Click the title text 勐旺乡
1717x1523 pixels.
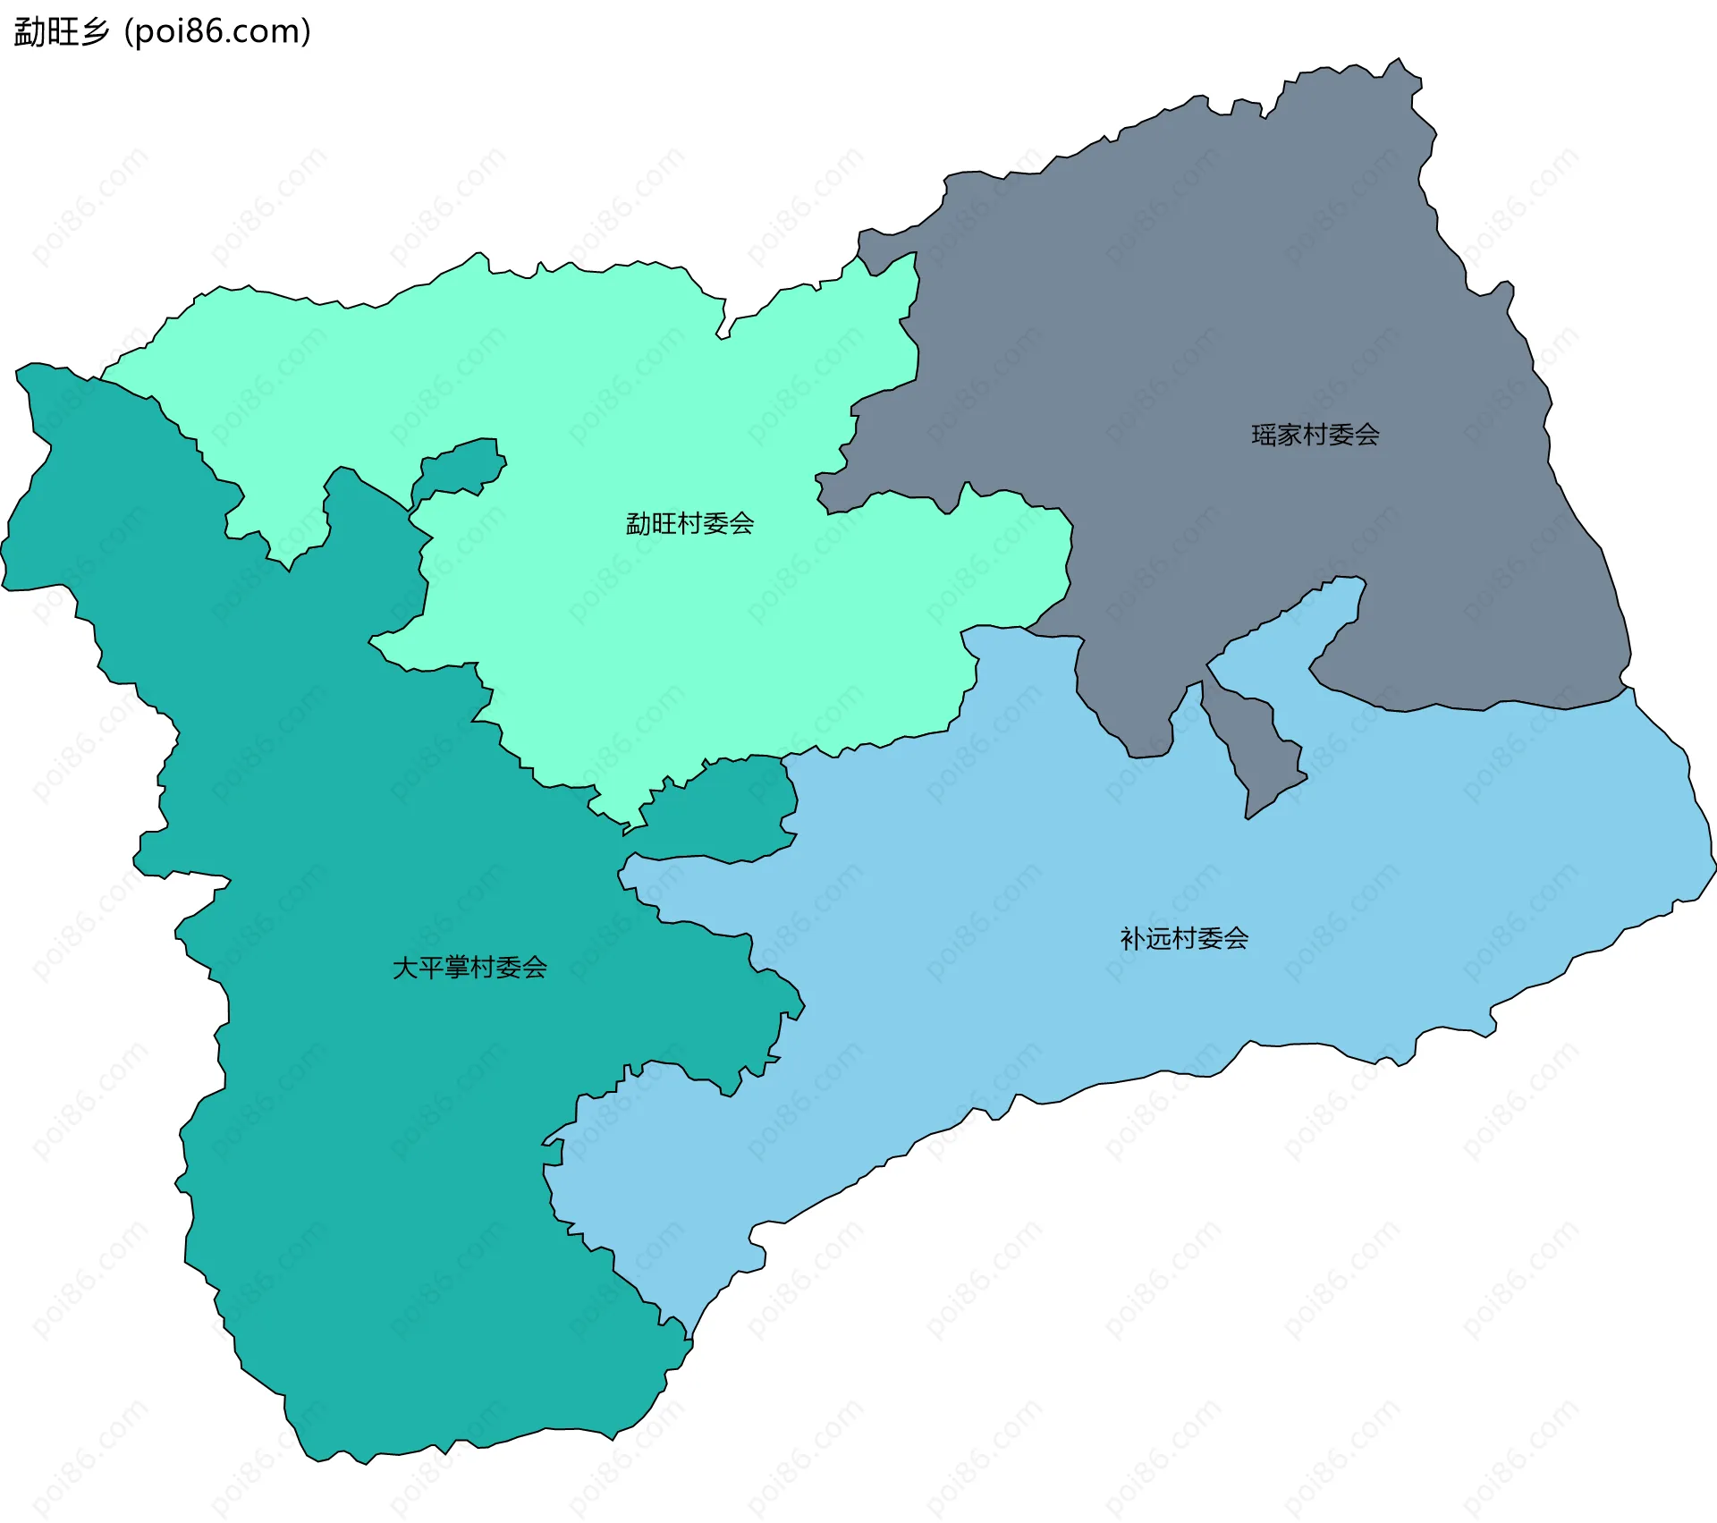coord(61,32)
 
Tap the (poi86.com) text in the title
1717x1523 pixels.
coord(217,32)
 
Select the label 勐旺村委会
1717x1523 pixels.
coord(689,524)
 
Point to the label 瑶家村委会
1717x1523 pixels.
coord(1315,436)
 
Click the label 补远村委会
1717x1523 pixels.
coord(1184,939)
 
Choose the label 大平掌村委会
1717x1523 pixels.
coord(469,968)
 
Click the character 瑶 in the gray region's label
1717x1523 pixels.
coord(1264,436)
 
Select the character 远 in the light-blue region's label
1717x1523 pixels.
coord(1158,939)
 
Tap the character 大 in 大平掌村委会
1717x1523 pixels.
coord(405,968)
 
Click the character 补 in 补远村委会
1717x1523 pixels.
coord(1132,939)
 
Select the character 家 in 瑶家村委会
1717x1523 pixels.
coord(1290,436)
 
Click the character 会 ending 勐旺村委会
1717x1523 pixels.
coord(741,524)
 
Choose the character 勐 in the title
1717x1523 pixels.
coord(29,32)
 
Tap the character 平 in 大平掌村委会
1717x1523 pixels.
coord(431,968)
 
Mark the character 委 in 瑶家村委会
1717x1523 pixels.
coord(1341,436)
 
